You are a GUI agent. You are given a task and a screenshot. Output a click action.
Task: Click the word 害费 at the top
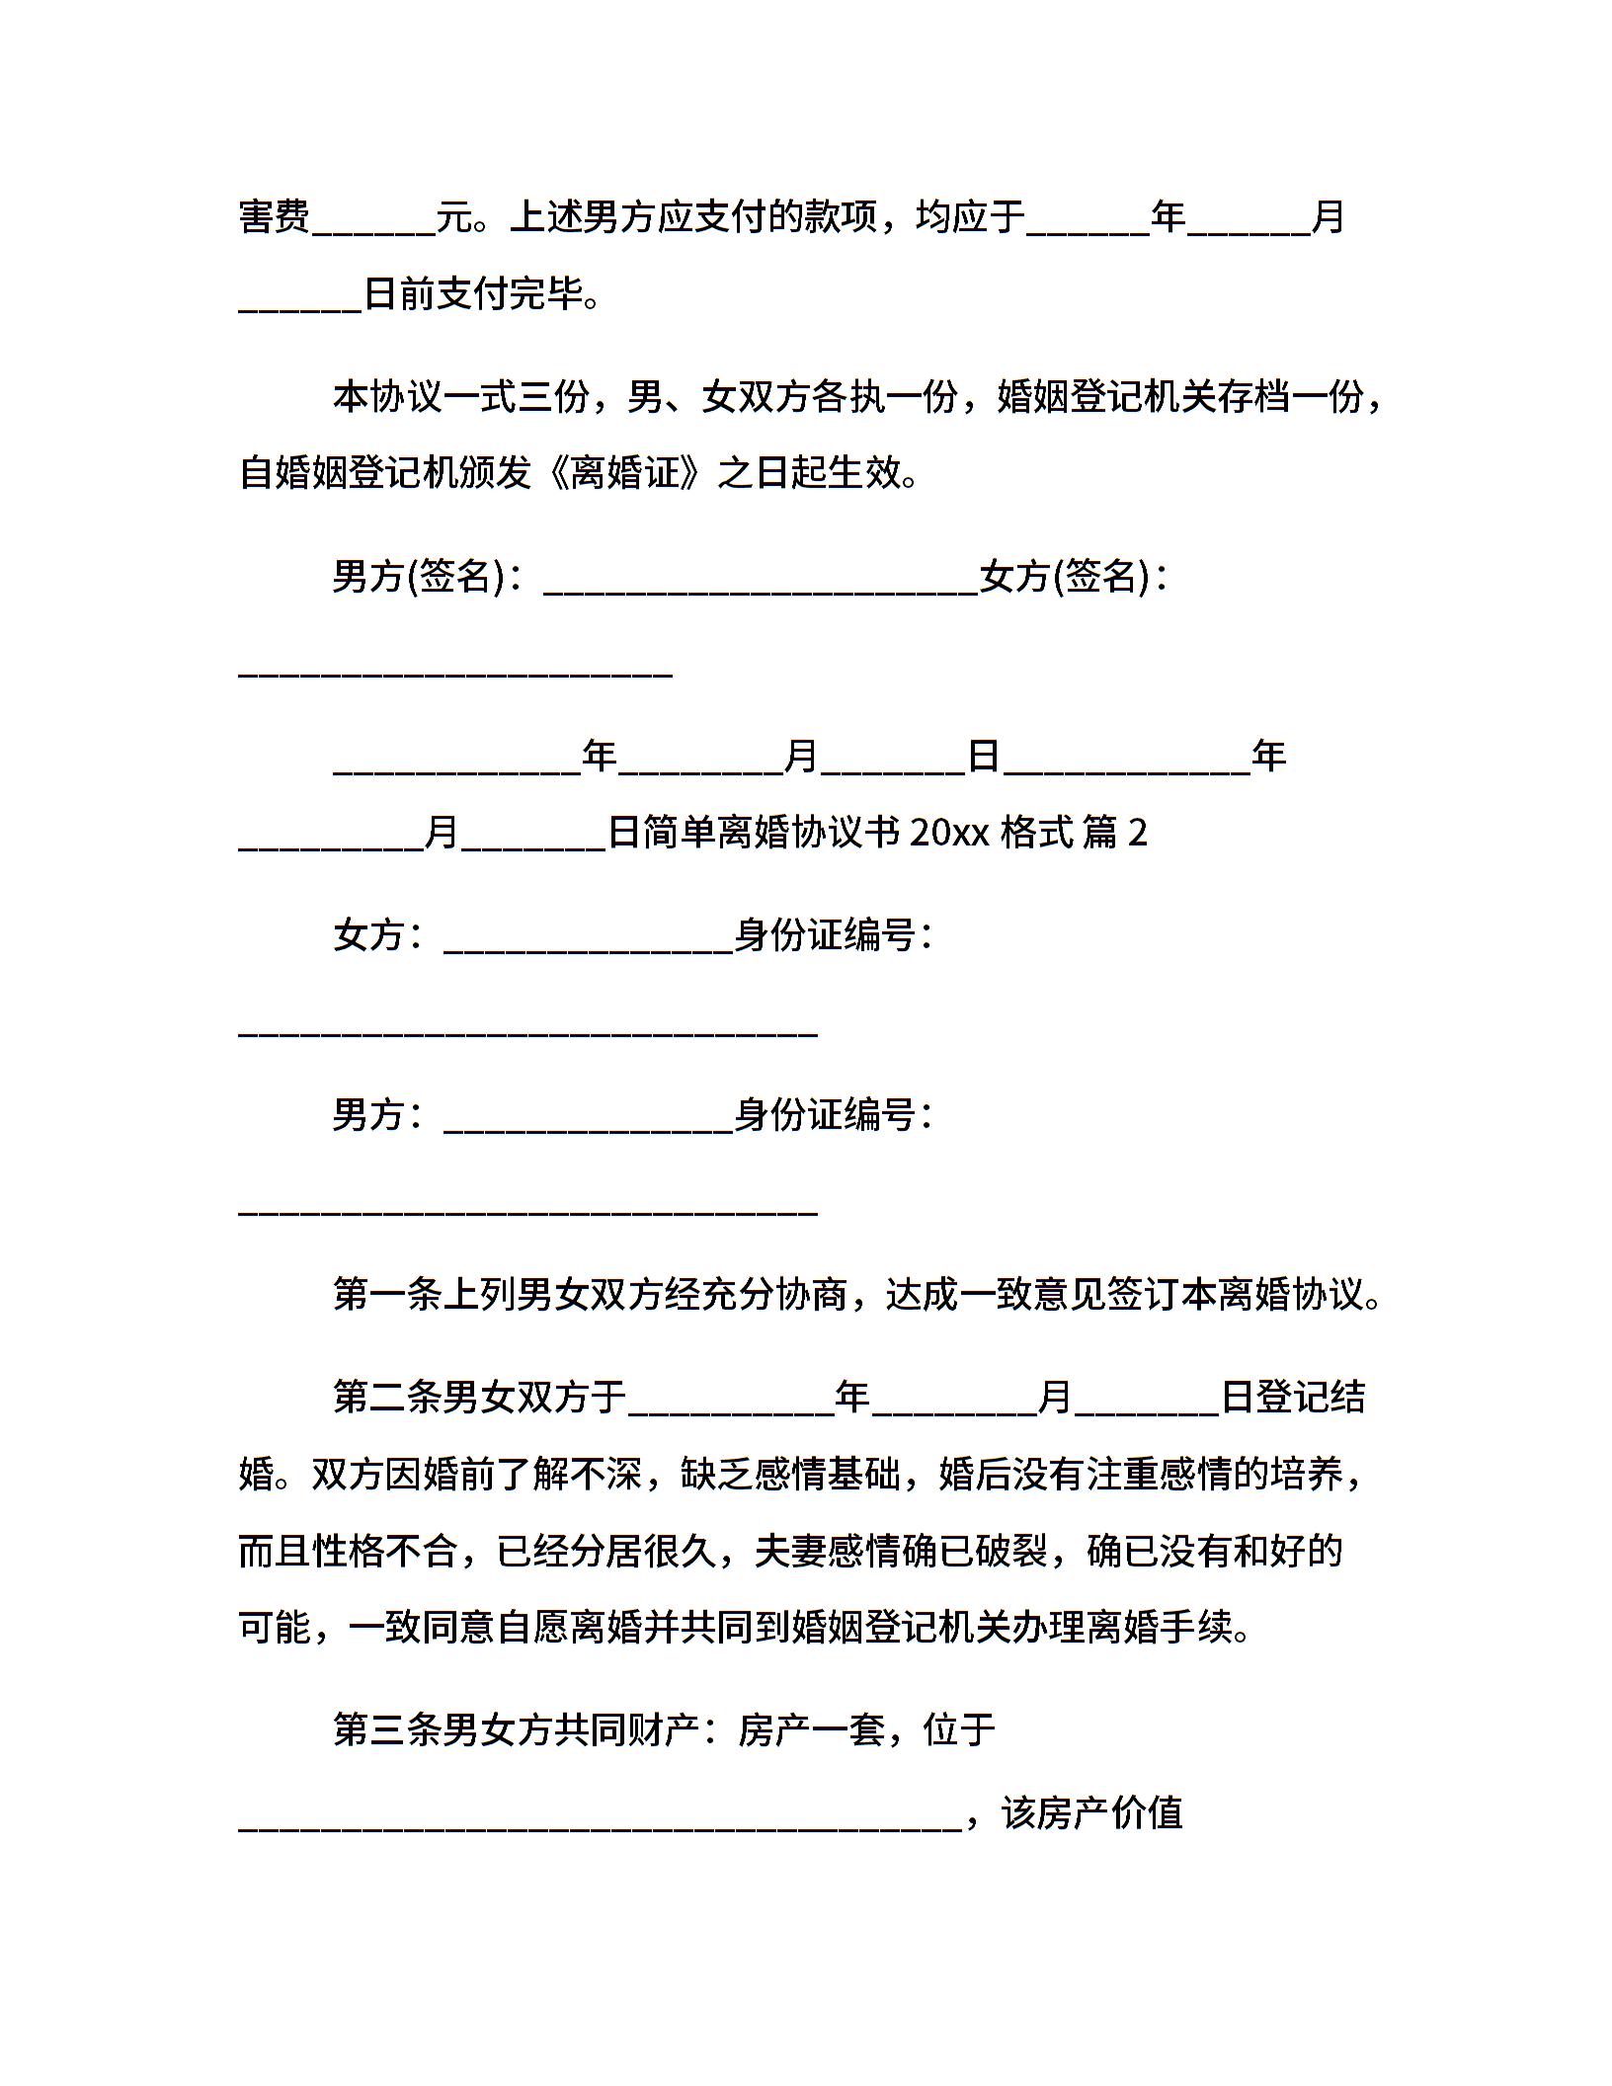275,217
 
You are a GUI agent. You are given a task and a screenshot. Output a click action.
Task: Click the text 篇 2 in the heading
1114,834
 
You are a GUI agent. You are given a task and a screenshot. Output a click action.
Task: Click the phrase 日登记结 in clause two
1293,1397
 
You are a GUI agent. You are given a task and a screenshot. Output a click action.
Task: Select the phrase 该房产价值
1091,1813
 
